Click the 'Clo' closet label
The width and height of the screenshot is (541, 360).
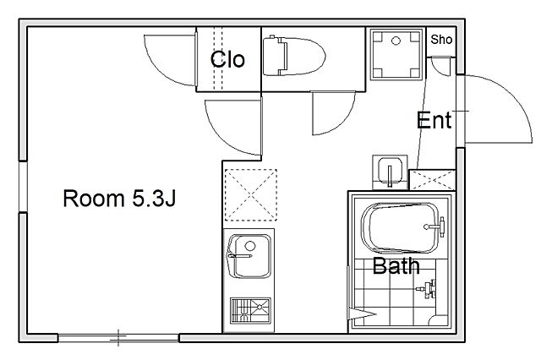click(x=227, y=59)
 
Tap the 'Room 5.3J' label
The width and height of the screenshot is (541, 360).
click(x=119, y=199)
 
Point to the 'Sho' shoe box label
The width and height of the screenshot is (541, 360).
click(x=441, y=40)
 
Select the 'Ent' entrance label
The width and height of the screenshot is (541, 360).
click(x=434, y=120)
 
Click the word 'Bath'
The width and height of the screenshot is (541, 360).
click(x=396, y=266)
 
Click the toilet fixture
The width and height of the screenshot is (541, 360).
click(x=294, y=57)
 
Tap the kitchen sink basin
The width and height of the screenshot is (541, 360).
click(x=249, y=256)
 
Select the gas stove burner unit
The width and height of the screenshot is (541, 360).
click(x=250, y=311)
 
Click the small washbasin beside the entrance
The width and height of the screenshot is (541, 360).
click(x=390, y=172)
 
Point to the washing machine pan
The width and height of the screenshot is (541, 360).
click(x=396, y=54)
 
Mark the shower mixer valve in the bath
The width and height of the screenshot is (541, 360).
click(x=428, y=289)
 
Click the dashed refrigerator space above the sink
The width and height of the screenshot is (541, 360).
click(x=251, y=195)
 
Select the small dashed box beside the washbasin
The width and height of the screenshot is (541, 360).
click(x=432, y=180)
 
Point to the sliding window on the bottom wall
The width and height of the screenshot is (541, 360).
click(x=118, y=337)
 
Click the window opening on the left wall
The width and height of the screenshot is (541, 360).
click(x=23, y=187)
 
